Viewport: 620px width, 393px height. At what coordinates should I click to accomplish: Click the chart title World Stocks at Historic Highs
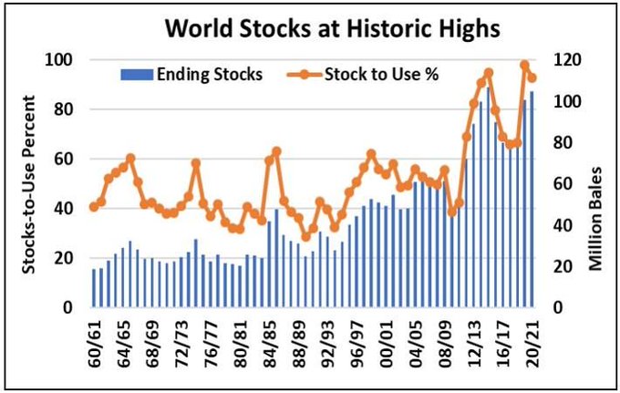coord(333,28)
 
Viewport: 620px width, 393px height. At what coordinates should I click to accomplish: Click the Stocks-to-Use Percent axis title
coord(31,183)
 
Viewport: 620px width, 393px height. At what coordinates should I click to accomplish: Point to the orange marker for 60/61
coord(93,207)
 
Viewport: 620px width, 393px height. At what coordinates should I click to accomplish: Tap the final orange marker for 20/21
coord(532,78)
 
